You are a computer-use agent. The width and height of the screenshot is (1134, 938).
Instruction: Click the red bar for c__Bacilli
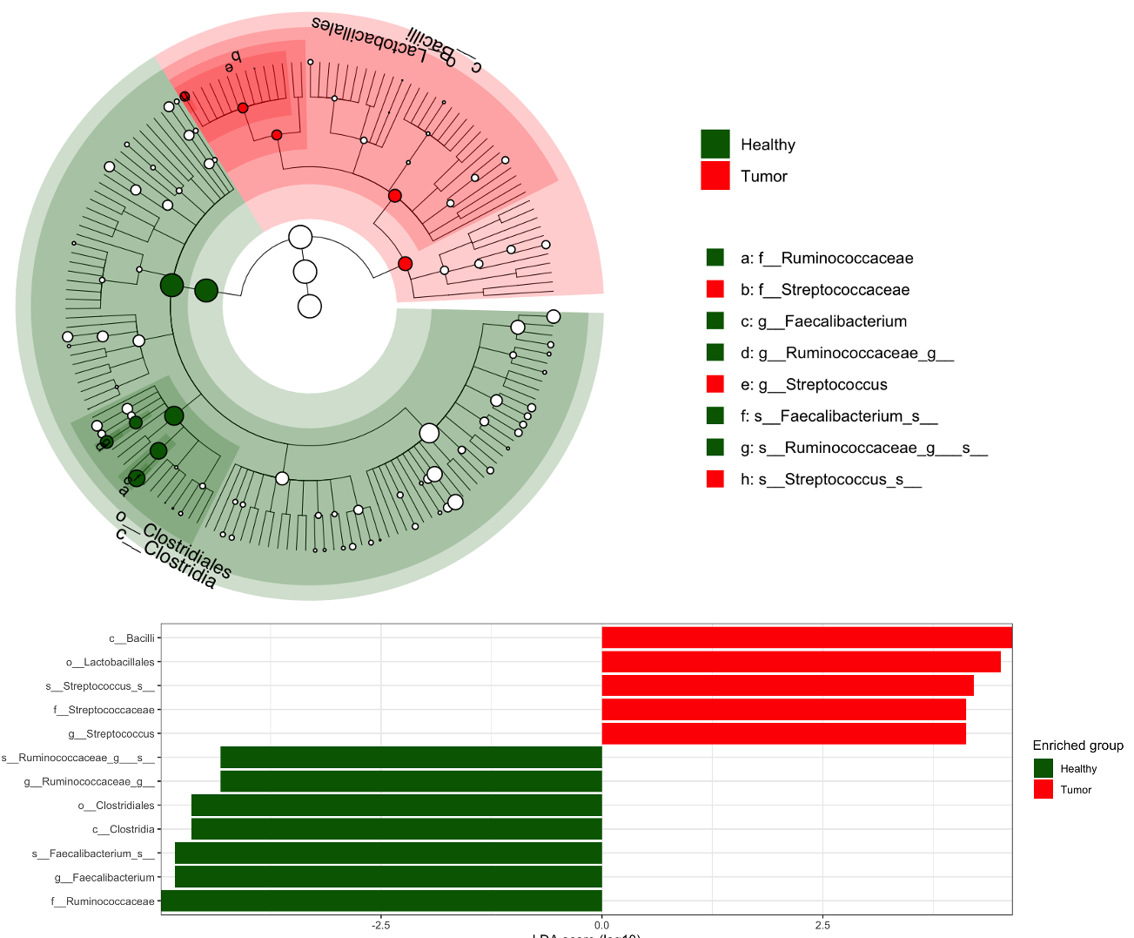[806, 638]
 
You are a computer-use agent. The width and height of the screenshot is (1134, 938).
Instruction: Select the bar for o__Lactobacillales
[801, 662]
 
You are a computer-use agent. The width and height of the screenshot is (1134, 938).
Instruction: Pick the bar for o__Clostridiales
[396, 805]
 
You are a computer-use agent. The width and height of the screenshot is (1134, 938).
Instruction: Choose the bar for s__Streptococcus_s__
[787, 685]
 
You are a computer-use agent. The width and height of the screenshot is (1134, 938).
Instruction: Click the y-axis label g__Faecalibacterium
[104, 877]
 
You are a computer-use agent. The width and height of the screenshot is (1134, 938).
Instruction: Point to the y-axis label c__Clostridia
[123, 829]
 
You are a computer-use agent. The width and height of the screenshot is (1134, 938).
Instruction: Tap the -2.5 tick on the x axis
[380, 925]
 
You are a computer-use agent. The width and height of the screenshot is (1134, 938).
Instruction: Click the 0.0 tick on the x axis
[601, 925]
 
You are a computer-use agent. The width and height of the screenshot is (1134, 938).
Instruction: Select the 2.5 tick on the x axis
[822, 925]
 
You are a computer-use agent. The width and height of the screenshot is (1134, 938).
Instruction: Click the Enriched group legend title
[1077, 746]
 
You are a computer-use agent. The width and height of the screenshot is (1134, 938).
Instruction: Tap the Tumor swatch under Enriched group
[1043, 790]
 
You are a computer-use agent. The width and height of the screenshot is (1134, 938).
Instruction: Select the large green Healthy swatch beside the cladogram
[715, 145]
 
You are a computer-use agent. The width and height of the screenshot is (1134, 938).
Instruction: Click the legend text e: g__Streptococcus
[814, 385]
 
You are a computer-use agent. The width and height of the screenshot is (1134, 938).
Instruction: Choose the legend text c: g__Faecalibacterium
[823, 321]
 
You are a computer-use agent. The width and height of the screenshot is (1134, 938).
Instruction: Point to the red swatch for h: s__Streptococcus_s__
[715, 479]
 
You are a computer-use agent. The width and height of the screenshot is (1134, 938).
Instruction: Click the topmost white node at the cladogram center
[300, 237]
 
